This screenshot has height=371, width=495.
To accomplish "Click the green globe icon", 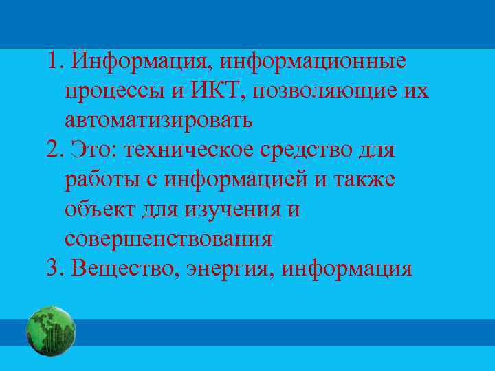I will coord(51,331).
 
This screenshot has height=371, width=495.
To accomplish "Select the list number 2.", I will coord(55,150).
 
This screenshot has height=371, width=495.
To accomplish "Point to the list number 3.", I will coord(55,268).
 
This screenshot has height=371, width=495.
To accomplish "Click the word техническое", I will coord(194,150).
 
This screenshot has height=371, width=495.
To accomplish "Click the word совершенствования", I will coord(168,239).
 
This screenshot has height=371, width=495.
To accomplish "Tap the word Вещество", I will coord(127,268).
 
